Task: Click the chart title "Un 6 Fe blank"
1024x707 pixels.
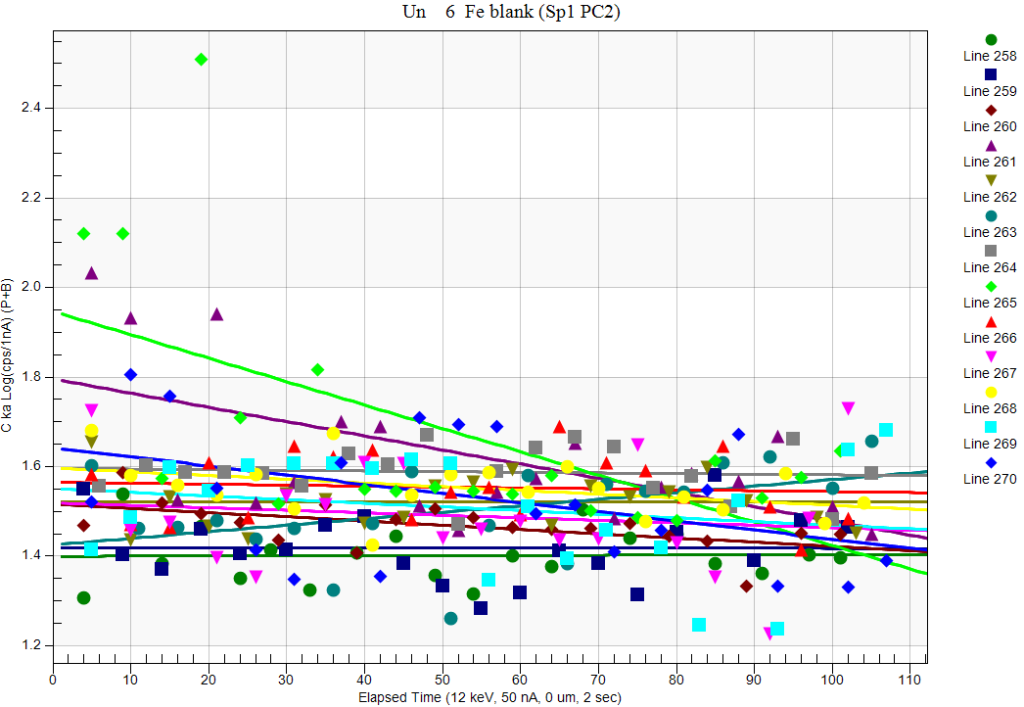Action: (x=511, y=12)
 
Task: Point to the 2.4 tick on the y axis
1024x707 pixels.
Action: (x=35, y=108)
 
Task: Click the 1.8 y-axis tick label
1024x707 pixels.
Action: (x=35, y=377)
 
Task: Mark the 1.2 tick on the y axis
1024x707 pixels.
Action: (x=35, y=646)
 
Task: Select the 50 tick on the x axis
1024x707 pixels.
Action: (x=442, y=677)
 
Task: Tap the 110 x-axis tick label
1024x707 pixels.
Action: (x=909, y=677)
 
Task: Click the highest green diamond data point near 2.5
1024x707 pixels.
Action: (x=201, y=60)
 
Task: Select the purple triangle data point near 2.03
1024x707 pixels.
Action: (x=91, y=273)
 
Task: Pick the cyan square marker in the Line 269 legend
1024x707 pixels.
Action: (x=990, y=427)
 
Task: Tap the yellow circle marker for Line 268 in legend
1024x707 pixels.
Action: (x=990, y=392)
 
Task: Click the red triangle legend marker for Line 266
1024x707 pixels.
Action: (x=990, y=321)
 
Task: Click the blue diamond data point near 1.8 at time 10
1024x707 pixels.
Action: (x=130, y=375)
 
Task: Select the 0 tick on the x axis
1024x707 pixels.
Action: (x=53, y=677)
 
